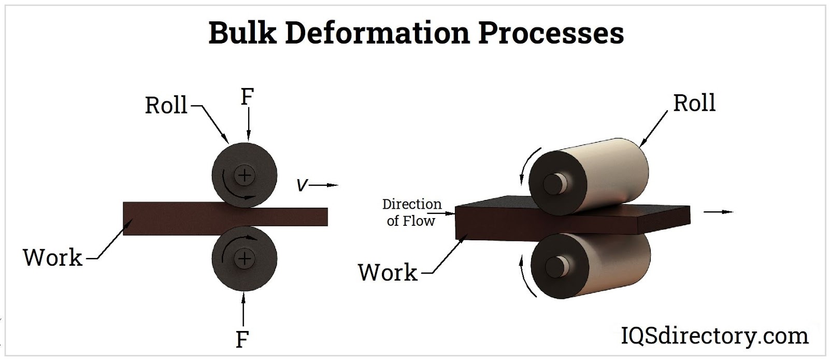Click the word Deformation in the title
tap(377, 33)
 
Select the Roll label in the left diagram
tap(166, 106)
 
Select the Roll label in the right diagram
tap(694, 103)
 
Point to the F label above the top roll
tap(247, 97)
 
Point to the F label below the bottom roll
tap(242, 340)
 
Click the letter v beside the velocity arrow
tap(301, 185)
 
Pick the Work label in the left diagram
tap(53, 257)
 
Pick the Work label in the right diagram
tap(388, 272)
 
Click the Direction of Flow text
tap(411, 212)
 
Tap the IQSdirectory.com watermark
tap(714, 336)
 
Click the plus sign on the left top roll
tap(244, 176)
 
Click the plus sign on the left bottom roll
tap(244, 258)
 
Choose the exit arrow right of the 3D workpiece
tap(720, 212)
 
